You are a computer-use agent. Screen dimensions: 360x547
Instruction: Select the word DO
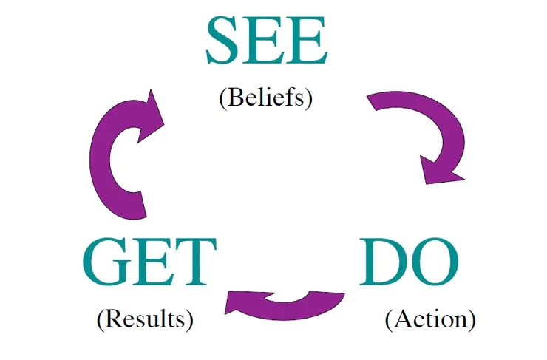click(409, 264)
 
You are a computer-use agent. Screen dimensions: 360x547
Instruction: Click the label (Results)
click(145, 319)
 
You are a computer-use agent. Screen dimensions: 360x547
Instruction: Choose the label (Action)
click(430, 319)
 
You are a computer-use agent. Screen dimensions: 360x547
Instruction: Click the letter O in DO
click(434, 264)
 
